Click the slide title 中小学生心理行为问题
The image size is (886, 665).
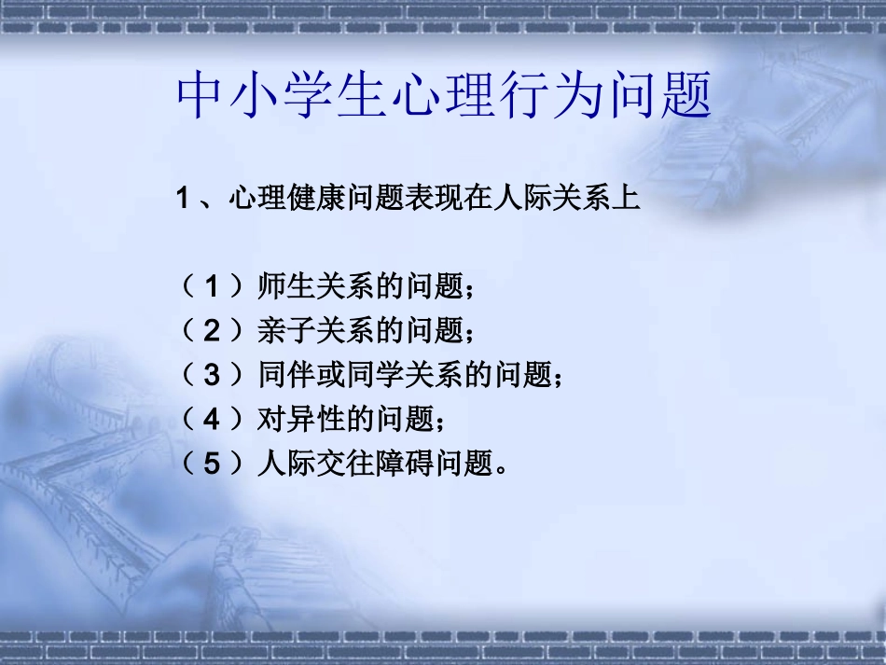click(444, 97)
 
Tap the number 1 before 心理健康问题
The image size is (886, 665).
click(184, 199)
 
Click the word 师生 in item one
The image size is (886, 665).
click(282, 286)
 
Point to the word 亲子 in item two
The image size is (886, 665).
click(282, 330)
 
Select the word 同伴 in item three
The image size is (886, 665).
click(282, 375)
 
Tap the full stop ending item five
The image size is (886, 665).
click(504, 469)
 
